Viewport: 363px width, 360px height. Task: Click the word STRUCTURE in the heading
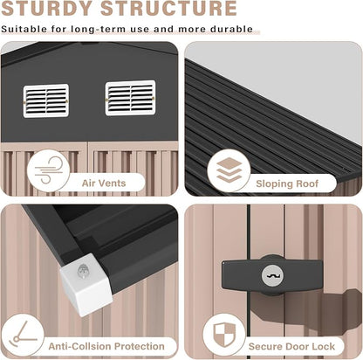pos(168,8)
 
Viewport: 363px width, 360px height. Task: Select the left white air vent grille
pos(46,100)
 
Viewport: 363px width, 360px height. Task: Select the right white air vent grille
pos(130,98)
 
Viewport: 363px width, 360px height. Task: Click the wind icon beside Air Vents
pos(48,170)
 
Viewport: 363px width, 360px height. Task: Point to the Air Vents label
pos(104,183)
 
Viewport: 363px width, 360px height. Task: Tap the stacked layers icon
pos(229,170)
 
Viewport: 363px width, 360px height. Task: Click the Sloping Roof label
pos(287,183)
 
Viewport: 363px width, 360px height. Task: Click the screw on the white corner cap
pos(83,272)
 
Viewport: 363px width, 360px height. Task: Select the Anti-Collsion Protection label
pos(106,346)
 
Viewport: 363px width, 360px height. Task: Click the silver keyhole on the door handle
pos(272,275)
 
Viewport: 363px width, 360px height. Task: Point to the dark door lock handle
pos(272,275)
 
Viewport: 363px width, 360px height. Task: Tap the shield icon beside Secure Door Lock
pos(224,334)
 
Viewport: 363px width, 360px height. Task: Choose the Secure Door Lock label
pos(291,346)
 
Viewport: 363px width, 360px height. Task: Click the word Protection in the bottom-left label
pos(140,346)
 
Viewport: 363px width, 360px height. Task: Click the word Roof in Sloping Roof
pos(307,183)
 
